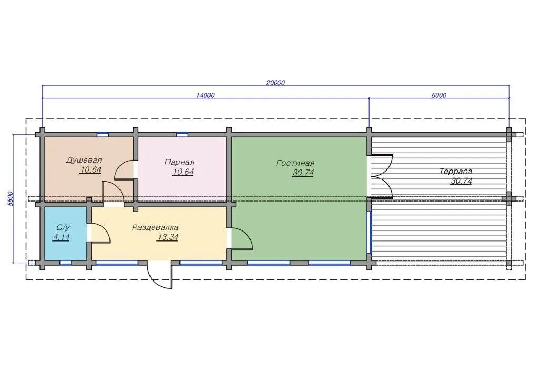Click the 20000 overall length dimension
coord(275,83)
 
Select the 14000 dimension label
coord(205,95)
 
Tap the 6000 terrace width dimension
coord(438,95)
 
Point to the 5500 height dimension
coord(11,198)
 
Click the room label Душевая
coord(84,160)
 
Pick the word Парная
coord(179,162)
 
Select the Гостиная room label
coord(295,163)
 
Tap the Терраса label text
coord(455,172)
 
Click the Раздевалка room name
coord(155,227)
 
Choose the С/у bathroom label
coord(63,227)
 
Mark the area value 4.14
coord(61,237)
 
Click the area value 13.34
coord(167,237)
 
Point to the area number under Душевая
coord(90,170)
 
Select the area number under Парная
coord(183,172)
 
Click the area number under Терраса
coord(461,181)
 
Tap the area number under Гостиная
coord(303,173)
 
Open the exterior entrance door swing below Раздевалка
coord(159,275)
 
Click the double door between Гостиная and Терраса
coord(380,177)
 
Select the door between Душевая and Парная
coord(124,170)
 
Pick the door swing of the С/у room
coord(99,233)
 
